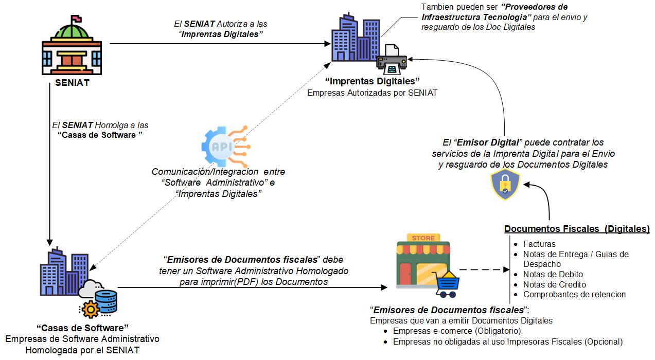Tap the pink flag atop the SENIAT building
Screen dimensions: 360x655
coord(76,19)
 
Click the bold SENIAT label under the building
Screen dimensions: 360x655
coord(72,83)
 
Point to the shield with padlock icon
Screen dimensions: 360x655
coord(505,184)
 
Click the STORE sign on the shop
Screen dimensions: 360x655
coord(423,238)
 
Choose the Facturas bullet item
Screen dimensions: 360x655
coord(539,244)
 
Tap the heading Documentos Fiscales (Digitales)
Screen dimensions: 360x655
coord(576,229)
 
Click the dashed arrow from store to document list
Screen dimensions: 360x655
coord(480,269)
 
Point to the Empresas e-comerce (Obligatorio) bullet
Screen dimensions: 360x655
coord(457,331)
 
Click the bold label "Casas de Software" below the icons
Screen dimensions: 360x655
coord(82,328)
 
